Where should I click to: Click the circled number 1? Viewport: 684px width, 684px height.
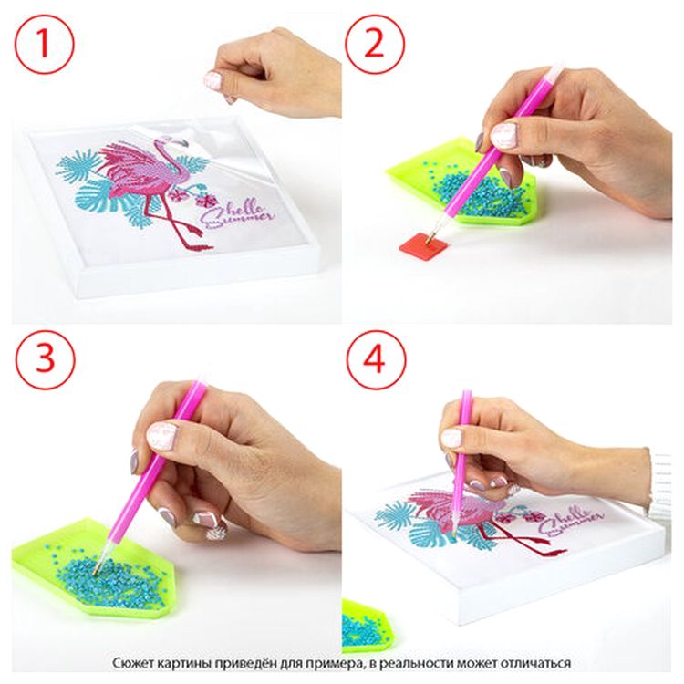pyautogui.click(x=44, y=44)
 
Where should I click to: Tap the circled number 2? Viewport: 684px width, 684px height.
pyautogui.click(x=374, y=44)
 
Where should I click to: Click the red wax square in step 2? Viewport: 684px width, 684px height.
pyautogui.click(x=424, y=246)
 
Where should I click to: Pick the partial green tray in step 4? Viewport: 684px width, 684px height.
pyautogui.click(x=365, y=627)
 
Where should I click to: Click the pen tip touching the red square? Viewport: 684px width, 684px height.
pyautogui.click(x=430, y=239)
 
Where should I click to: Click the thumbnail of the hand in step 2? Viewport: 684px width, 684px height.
pyautogui.click(x=503, y=134)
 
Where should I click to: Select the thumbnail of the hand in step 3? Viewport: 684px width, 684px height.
pyautogui.click(x=161, y=436)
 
